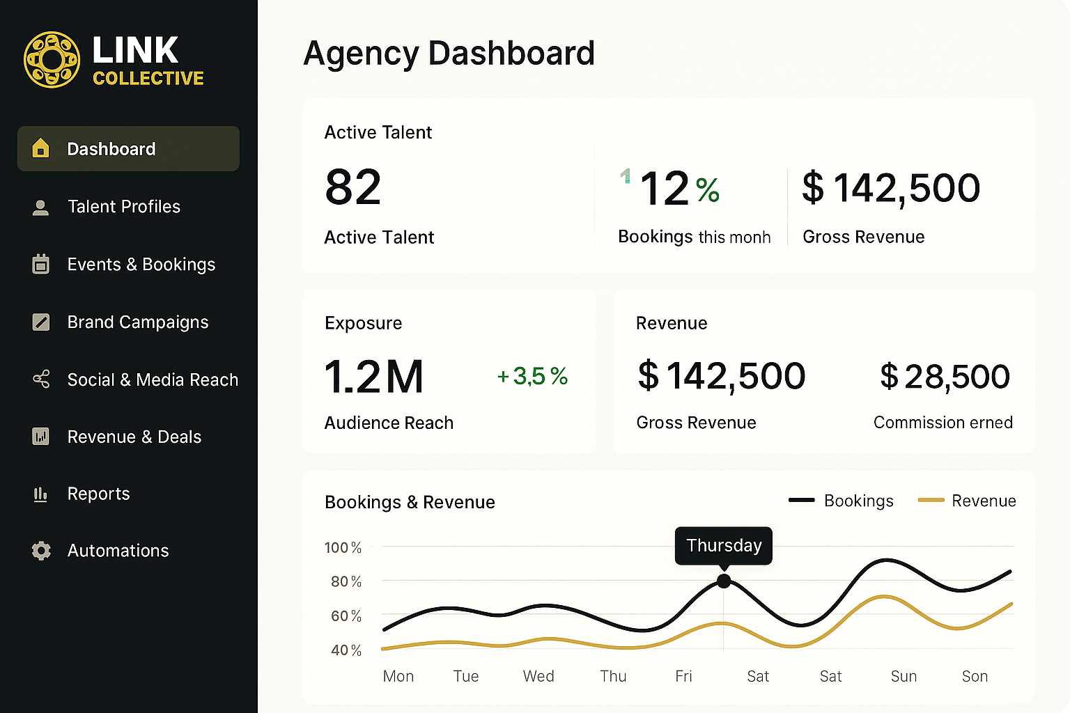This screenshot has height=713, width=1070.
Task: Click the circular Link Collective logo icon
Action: [x=52, y=60]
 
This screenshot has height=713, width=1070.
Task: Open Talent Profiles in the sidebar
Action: [x=123, y=207]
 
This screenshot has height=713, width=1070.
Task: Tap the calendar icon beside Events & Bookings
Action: [x=41, y=265]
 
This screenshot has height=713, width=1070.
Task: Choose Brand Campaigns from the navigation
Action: [x=137, y=322]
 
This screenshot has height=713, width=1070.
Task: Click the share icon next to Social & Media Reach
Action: [x=41, y=379]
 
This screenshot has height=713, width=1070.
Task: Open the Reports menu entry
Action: [x=98, y=494]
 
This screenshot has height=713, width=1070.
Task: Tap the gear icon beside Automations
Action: [x=41, y=551]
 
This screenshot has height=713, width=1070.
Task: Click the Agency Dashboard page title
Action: [x=449, y=54]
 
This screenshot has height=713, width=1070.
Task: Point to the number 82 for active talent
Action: [x=353, y=187]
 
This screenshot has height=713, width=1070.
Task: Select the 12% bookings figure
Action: [x=679, y=189]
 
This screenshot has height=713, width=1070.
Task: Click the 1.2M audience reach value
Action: [x=374, y=377]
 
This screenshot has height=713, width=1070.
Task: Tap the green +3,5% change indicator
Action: [x=532, y=377]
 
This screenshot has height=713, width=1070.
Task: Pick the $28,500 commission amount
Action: [x=945, y=377]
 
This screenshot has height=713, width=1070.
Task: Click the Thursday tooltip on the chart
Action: [x=724, y=545]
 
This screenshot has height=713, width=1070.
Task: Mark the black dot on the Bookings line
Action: [x=724, y=581]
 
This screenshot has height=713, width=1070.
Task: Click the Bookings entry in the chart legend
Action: [x=858, y=501]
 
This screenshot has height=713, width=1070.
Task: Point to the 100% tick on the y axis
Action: [x=343, y=548]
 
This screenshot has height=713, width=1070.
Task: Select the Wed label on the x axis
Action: [x=538, y=676]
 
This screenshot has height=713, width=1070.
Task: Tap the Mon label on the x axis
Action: [x=398, y=676]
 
